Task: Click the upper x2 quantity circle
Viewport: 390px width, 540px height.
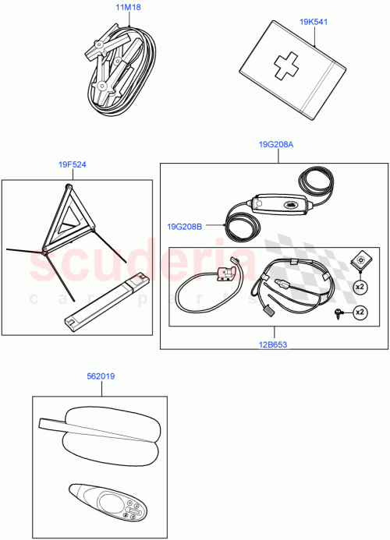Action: [360, 286]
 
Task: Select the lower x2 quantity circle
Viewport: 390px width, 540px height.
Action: [360, 312]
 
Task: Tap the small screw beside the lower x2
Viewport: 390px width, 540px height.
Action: [339, 312]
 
